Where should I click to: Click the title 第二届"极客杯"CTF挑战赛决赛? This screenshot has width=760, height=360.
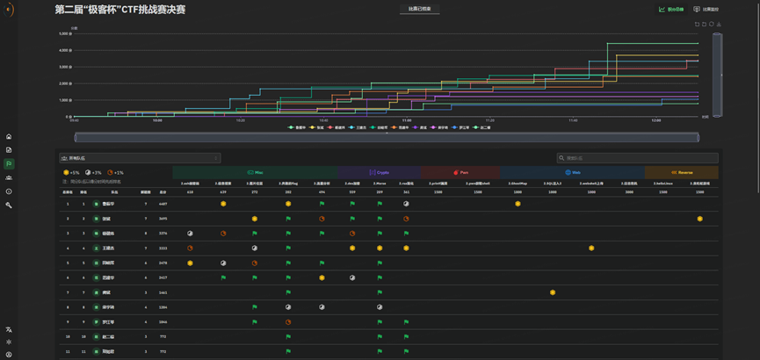coord(119,10)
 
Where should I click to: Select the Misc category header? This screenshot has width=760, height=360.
coord(255,172)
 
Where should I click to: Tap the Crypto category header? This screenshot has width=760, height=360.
coord(379,172)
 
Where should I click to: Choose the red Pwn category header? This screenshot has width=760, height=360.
coord(460,172)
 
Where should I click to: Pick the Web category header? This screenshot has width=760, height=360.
coord(572,172)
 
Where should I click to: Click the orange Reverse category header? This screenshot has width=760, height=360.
coord(682,172)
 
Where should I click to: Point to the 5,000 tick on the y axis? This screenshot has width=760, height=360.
coord(66,33)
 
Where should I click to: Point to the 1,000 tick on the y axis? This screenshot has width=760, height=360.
coord(66,100)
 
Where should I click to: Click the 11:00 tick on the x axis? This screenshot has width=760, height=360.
coord(406,120)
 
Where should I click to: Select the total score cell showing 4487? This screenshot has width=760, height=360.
coord(163,204)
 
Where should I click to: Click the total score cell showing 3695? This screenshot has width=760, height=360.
coord(163,219)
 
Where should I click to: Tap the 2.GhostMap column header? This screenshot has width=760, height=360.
coord(518,183)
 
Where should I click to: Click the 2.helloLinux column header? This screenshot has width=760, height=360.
coord(662,183)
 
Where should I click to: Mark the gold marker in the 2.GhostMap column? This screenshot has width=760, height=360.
coord(518,204)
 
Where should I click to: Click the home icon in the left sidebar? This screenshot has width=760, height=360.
coord(9,136)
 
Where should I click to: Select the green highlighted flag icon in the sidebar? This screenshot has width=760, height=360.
coord(9,163)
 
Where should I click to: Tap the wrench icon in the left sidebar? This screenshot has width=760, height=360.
coord(9,205)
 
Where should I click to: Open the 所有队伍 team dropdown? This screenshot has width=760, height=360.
coord(140,158)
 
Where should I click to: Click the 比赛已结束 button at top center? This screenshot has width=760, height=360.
coord(419,10)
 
